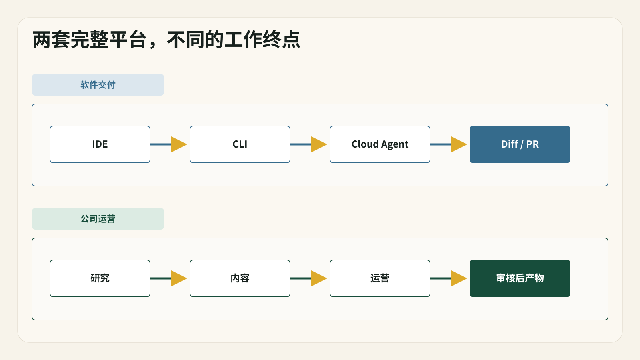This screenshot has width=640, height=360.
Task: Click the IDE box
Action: click(100, 144)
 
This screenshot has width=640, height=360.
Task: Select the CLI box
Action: click(240, 144)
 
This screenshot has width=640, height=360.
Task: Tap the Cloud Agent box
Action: click(380, 144)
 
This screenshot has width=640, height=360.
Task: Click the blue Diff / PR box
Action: click(520, 144)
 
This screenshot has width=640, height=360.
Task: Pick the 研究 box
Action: click(100, 278)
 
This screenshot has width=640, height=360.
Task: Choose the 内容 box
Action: click(240, 278)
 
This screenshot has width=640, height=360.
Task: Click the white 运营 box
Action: click(380, 278)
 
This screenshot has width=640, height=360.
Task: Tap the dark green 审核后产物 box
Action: click(520, 278)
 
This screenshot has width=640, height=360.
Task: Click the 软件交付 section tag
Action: click(98, 85)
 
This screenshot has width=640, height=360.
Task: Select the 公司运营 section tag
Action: click(98, 219)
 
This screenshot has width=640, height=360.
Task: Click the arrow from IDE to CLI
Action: click(168, 144)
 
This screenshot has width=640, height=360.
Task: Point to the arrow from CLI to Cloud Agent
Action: click(308, 144)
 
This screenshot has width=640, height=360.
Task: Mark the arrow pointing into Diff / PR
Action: click(448, 144)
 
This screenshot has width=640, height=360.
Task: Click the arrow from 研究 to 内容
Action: click(168, 278)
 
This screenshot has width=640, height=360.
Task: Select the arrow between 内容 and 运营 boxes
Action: click(308, 278)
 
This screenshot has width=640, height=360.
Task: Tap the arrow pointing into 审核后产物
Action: click(448, 278)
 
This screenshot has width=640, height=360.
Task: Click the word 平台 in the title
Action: click(128, 40)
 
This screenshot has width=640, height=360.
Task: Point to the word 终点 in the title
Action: click(282, 40)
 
